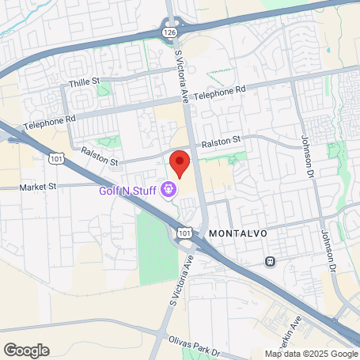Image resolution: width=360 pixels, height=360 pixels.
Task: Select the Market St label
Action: tap(40, 187)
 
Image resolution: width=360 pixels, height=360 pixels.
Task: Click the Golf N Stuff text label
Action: tap(127, 190)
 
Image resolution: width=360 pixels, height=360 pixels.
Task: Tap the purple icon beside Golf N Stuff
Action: tap(168, 190)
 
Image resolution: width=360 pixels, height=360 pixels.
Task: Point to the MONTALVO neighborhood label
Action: tap(237, 234)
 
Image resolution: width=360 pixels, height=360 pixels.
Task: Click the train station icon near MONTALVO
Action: tap(271, 260)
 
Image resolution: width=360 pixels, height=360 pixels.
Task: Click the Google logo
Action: tap(26, 350)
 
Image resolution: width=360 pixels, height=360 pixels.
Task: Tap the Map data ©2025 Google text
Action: tap(311, 354)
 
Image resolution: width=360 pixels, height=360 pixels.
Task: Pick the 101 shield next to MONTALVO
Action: tap(184, 233)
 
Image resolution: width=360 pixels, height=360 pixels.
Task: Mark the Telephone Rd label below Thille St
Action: tap(49, 123)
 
